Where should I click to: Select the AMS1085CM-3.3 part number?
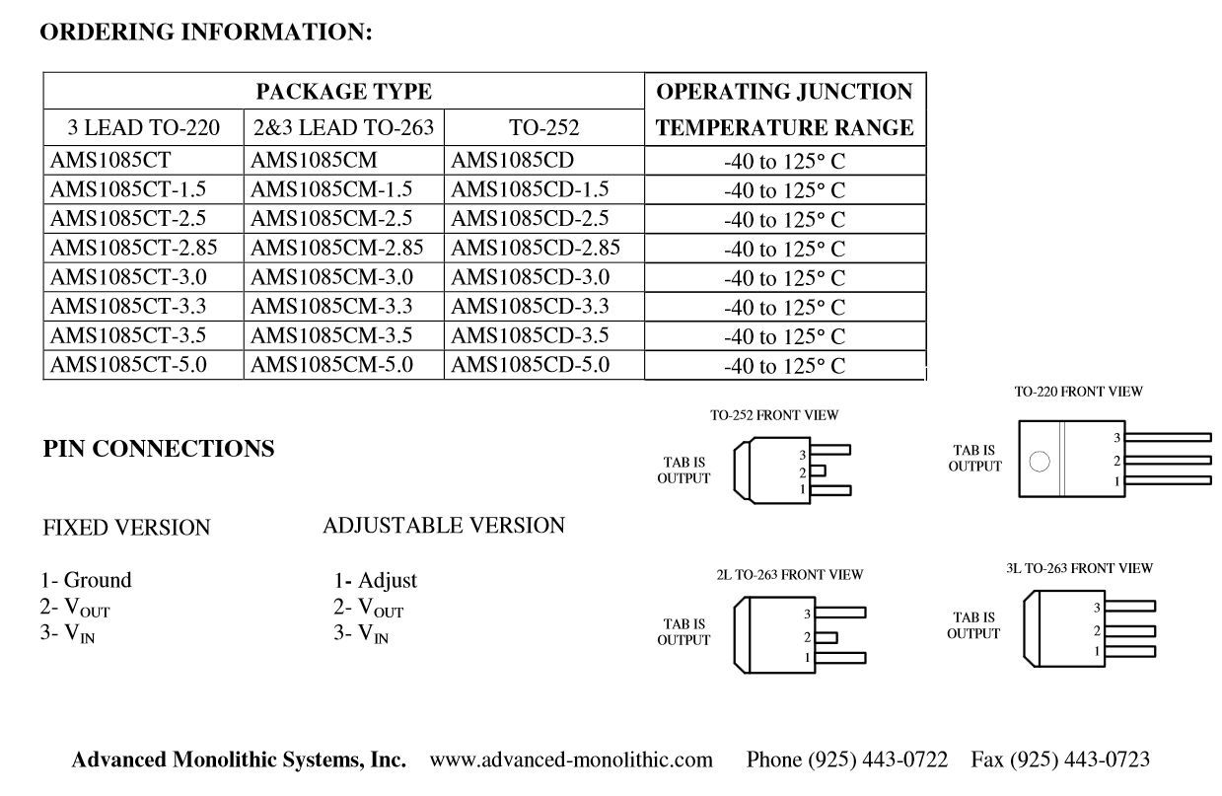(331, 307)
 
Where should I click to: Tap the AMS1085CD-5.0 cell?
(531, 365)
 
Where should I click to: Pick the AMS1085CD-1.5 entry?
(531, 189)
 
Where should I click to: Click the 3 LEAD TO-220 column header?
(143, 127)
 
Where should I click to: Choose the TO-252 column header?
(543, 127)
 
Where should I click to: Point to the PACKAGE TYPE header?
(343, 92)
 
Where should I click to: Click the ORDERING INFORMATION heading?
(205, 32)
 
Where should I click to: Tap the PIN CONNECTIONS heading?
(159, 449)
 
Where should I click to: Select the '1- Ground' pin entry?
(86, 580)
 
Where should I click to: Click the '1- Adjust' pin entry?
(375, 580)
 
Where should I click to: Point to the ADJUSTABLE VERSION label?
(444, 526)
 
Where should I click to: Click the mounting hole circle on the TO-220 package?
(1039, 461)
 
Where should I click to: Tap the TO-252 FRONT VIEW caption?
(774, 415)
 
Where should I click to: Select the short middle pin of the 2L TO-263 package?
(825, 636)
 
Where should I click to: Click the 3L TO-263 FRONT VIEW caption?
(1079, 568)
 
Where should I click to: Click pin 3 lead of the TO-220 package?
(1168, 437)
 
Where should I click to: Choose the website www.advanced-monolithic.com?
(571, 760)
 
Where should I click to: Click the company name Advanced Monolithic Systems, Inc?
(239, 760)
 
